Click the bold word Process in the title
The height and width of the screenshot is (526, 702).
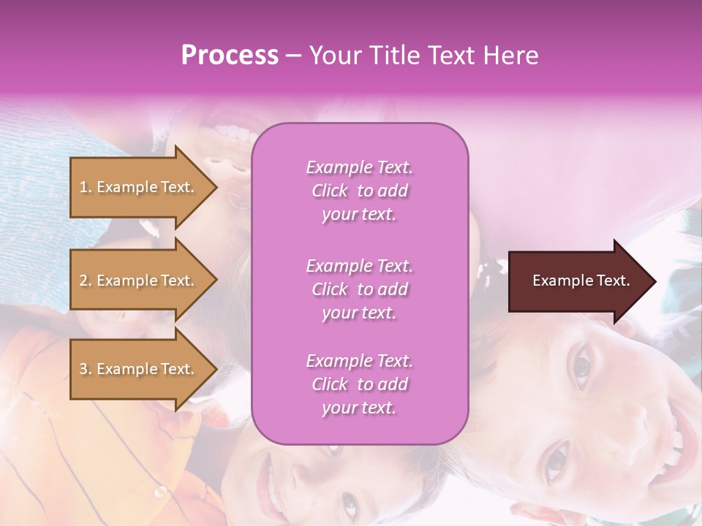(x=230, y=56)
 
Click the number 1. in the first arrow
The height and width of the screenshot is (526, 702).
(x=85, y=187)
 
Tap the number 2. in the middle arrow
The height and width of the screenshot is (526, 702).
(x=85, y=281)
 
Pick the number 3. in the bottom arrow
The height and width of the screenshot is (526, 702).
(x=85, y=369)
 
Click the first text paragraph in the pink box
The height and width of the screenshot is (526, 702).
(x=359, y=191)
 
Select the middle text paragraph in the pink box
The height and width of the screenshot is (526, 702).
(x=359, y=289)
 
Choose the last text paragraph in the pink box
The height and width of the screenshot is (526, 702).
(x=359, y=384)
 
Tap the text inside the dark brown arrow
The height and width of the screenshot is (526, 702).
(x=581, y=281)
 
